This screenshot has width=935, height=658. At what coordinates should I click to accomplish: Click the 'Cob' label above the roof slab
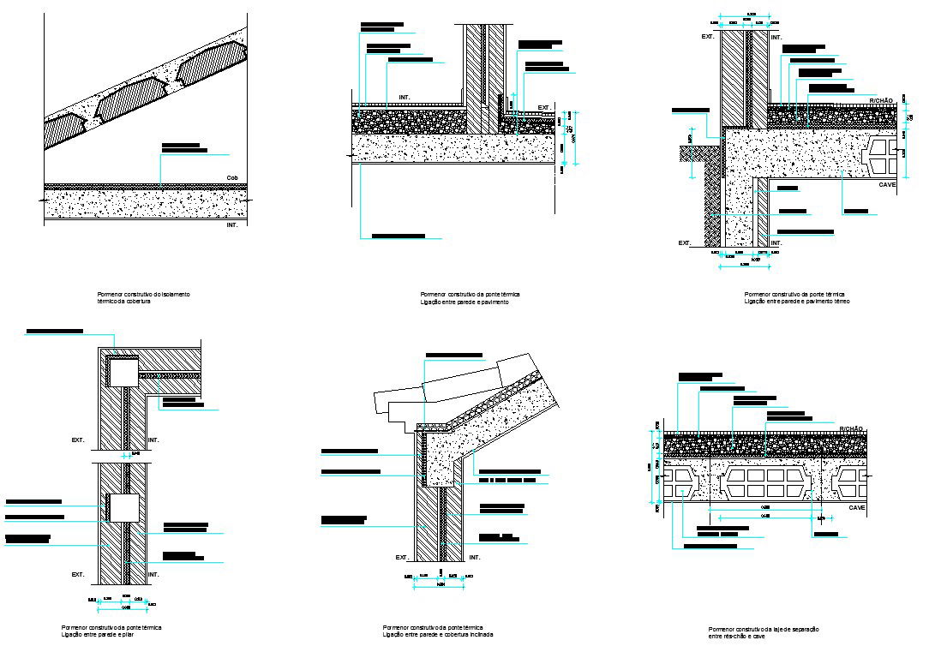coord(231,178)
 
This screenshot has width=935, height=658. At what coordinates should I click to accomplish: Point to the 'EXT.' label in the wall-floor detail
coord(543,107)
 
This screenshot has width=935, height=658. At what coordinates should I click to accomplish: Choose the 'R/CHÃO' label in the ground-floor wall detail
coord(881,100)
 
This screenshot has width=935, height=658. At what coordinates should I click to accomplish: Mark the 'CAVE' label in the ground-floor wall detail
coord(887,184)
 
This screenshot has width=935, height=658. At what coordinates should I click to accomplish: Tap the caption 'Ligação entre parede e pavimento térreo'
coord(797,302)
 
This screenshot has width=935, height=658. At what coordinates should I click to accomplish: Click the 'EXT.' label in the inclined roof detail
coord(401,557)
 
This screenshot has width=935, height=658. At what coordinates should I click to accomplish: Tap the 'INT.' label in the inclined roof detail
coord(475,557)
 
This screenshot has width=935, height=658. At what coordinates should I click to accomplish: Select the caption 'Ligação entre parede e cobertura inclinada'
coord(438,635)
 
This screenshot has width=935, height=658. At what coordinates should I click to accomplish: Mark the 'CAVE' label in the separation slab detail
coord(857,507)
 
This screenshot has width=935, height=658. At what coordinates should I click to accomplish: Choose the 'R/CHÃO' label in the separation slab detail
coord(851,428)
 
